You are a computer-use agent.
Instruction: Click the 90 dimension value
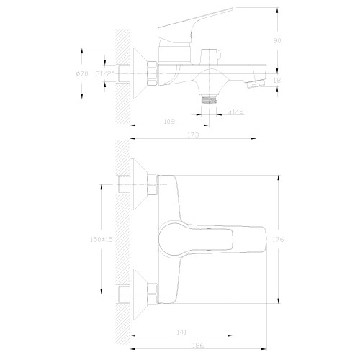tap(277, 40)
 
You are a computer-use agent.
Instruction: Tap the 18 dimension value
tap(277, 80)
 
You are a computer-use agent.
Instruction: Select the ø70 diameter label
tap(82, 73)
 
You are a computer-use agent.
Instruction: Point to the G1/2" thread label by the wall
tap(105, 73)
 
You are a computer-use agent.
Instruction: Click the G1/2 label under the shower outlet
tap(235, 111)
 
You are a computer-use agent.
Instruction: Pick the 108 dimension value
tap(169, 122)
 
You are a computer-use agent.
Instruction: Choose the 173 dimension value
tap(193, 135)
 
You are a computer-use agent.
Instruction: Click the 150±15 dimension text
tap(101, 239)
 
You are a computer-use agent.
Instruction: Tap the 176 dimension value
tap(278, 239)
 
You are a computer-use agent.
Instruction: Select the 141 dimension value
tap(181, 332)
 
